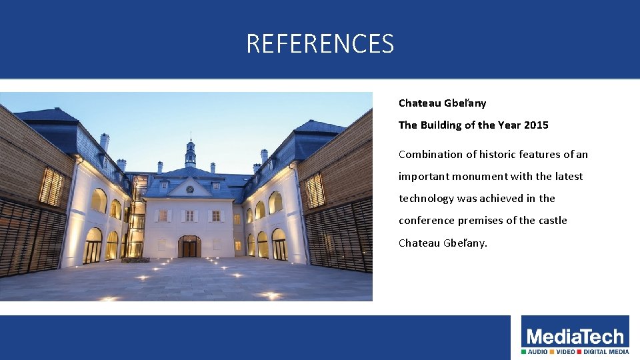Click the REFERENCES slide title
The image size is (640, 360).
pos(320,44)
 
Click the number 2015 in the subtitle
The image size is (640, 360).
pos(536,125)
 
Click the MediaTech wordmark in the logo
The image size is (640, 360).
pos(575,337)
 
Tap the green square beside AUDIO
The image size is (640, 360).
pos(524,351)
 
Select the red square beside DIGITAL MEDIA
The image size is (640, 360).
pos(579,351)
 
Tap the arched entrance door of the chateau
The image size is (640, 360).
pos(189,246)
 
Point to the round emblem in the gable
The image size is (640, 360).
pos(190,189)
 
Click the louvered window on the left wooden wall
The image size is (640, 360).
pos(51,187)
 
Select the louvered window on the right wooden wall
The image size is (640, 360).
pos(315,191)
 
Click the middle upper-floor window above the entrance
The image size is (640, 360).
pos(189,215)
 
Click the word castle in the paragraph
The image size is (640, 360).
pos(553,221)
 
